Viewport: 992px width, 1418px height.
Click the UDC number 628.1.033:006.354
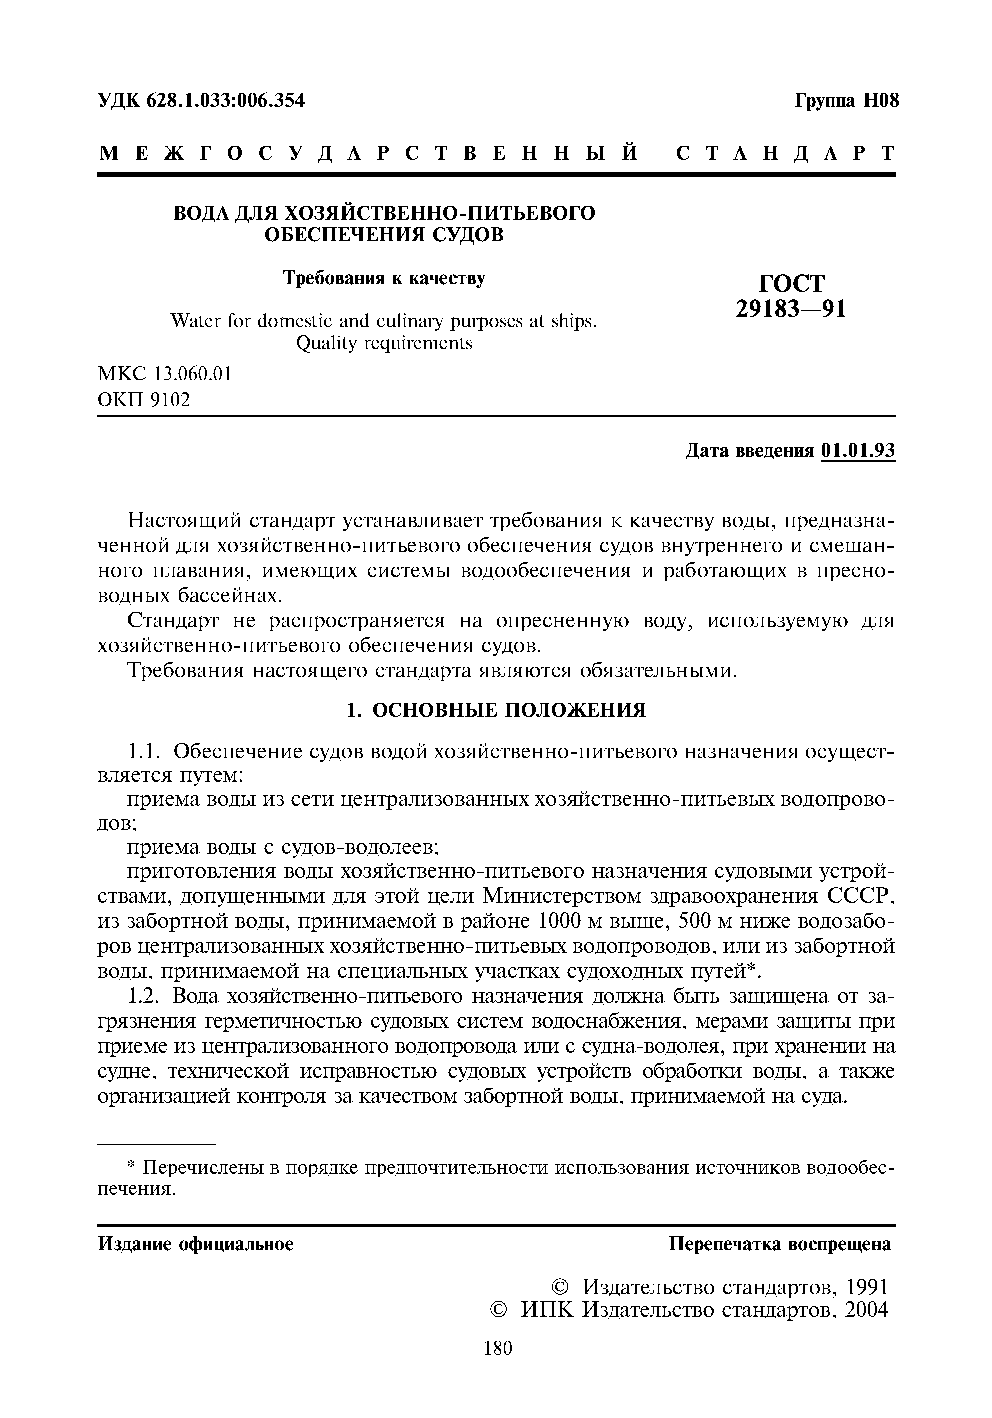[226, 100]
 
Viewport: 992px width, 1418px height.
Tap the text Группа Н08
[846, 100]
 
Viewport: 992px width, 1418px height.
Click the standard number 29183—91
[790, 308]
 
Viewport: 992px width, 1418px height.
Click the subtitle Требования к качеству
[384, 278]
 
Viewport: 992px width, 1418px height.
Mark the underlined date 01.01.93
[858, 451]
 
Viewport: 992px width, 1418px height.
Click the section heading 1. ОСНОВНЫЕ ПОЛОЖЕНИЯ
[495, 710]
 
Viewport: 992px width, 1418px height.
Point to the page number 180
[498, 1348]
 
